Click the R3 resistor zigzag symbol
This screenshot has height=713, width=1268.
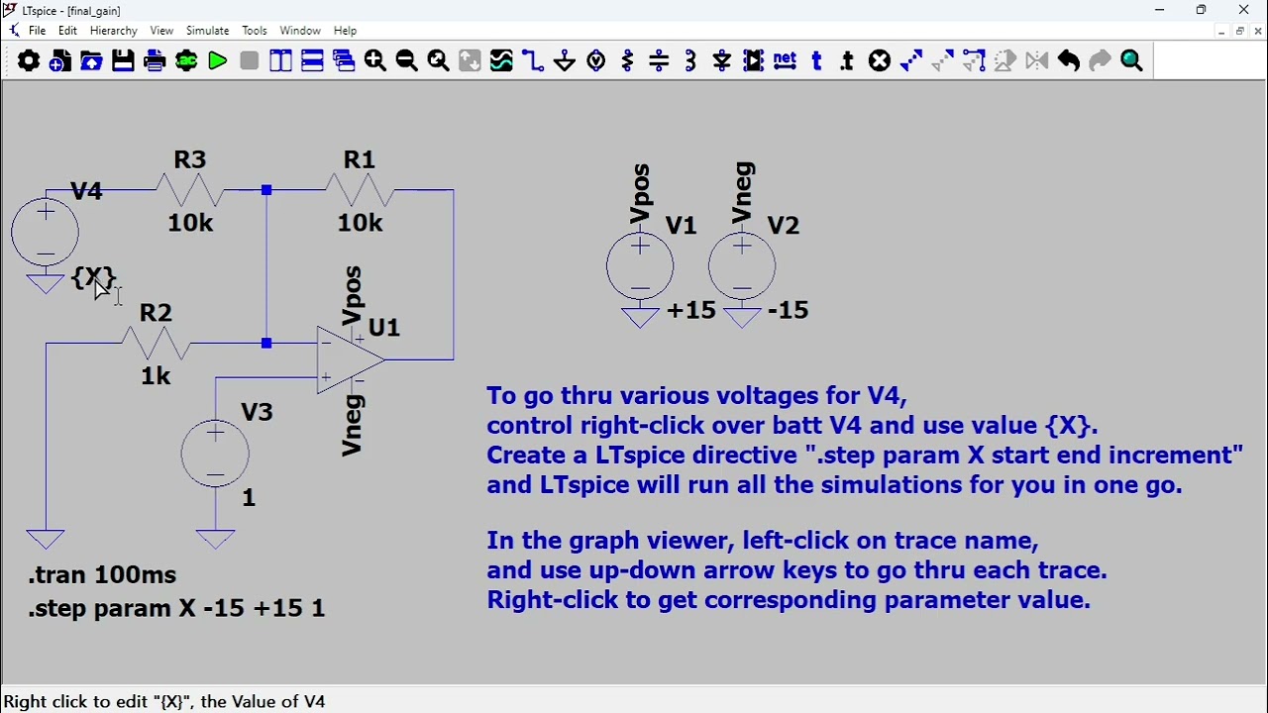coord(189,190)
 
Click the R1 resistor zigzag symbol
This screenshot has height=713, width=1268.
coord(360,190)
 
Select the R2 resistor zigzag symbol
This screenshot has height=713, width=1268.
coord(156,343)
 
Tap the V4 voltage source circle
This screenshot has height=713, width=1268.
coord(46,232)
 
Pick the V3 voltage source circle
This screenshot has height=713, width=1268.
coord(215,453)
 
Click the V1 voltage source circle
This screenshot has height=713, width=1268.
coord(640,266)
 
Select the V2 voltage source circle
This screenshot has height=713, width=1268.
coord(742,266)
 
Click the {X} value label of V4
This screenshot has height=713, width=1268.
coord(94,277)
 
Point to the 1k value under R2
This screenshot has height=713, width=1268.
coord(156,376)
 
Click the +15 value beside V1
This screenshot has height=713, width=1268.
coord(691,310)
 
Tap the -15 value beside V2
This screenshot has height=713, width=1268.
coord(788,310)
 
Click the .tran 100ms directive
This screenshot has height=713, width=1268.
coord(102,575)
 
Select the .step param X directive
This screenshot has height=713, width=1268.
coord(176,608)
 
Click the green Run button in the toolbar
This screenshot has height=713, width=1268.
coord(217,60)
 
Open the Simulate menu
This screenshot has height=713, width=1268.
coord(207,31)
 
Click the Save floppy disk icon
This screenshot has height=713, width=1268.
coord(123,60)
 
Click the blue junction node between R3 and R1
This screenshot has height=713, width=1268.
coord(266,190)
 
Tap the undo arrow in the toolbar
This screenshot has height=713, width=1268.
coord(1068,60)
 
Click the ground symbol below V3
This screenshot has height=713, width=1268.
coord(215,539)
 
